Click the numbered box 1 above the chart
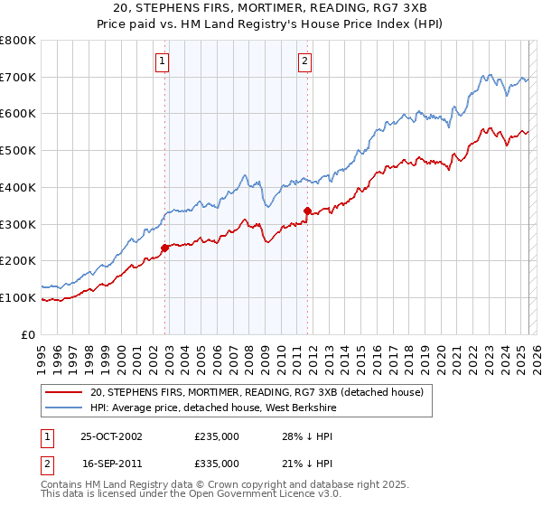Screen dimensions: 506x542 click(x=161, y=61)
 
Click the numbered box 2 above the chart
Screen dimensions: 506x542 click(x=304, y=61)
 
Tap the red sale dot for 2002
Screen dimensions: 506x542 click(x=165, y=248)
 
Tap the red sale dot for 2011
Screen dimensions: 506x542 click(x=307, y=211)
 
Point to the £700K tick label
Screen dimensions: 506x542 click(x=18, y=78)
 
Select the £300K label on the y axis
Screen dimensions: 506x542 click(x=18, y=224)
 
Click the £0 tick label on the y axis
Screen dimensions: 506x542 click(x=28, y=334)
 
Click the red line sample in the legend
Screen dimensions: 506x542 click(x=64, y=392)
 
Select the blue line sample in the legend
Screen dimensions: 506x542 click(x=64, y=408)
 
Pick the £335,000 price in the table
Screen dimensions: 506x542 click(x=216, y=463)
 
